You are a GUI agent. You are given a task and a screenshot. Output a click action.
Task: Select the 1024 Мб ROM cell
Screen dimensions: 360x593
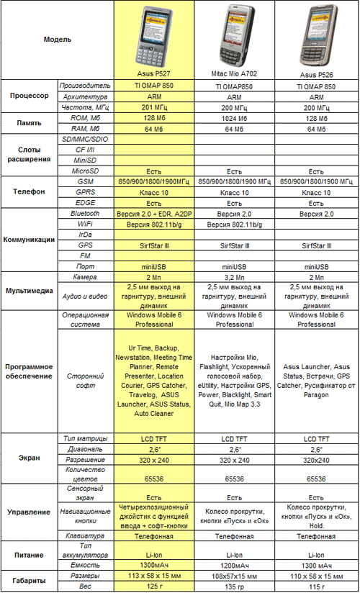point(235,118)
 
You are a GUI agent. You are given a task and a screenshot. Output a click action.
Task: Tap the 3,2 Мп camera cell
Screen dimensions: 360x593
point(235,276)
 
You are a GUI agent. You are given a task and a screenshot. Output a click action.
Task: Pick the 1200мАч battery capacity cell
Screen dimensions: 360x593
point(235,565)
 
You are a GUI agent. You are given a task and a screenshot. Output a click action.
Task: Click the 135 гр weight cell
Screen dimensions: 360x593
point(235,587)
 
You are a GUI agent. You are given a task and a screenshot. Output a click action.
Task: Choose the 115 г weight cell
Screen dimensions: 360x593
point(315,587)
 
